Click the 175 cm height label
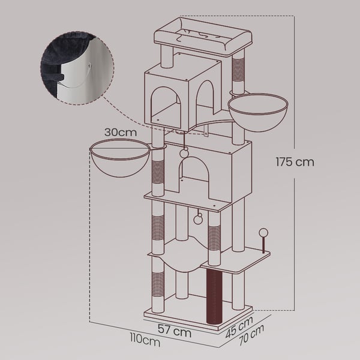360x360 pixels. (x=295, y=162)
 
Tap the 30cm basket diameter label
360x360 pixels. (x=121, y=132)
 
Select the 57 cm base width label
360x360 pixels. (x=175, y=331)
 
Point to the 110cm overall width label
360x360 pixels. (x=145, y=340)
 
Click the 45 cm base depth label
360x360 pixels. (x=239, y=327)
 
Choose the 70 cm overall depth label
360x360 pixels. (x=251, y=335)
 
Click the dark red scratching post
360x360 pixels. (x=214, y=296)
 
